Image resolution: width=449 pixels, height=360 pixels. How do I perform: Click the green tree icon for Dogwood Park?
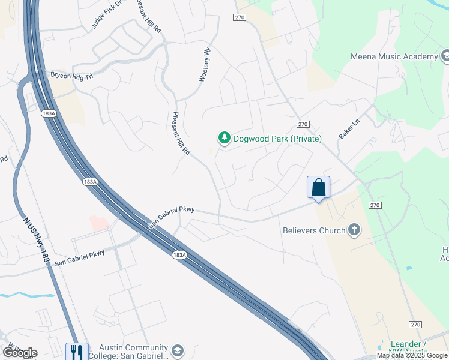pyautogui.click(x=224, y=139)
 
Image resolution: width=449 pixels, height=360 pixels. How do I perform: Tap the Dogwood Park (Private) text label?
pyautogui.click(x=277, y=139)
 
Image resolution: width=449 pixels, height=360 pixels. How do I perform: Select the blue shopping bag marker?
pyautogui.click(x=318, y=187)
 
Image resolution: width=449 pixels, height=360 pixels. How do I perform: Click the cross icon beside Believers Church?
pyautogui.click(x=354, y=230)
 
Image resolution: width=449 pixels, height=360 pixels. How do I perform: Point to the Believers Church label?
pyautogui.click(x=314, y=230)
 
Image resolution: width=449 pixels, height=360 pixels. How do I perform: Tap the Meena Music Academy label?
pyautogui.click(x=394, y=56)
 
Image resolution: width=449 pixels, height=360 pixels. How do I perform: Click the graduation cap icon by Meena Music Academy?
pyautogui.click(x=447, y=56)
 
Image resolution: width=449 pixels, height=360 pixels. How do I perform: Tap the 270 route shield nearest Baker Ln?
pyautogui.click(x=303, y=124)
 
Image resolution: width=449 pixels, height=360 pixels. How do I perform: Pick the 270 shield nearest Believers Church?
pyautogui.click(x=375, y=205)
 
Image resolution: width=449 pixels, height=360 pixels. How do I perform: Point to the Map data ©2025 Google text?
pyautogui.click(x=412, y=355)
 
